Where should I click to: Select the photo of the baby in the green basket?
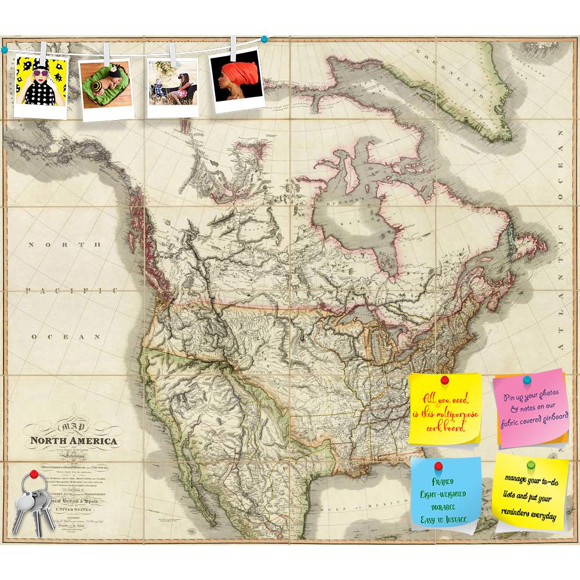tap(106, 87)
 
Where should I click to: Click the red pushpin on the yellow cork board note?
tap(445, 380)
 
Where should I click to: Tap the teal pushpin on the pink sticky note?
tap(527, 380)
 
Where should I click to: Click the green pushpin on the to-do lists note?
tap(530, 465)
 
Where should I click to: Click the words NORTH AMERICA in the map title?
tap(74, 441)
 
